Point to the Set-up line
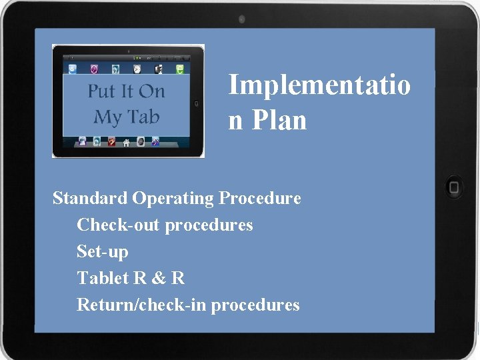click(x=103, y=252)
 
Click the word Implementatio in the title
click(x=319, y=85)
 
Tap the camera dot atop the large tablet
click(x=241, y=19)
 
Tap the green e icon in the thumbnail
click(x=179, y=69)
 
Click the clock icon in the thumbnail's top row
click(x=137, y=69)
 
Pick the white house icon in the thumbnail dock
click(x=126, y=142)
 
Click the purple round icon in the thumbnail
click(x=95, y=69)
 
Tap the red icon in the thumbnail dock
click(x=111, y=141)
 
